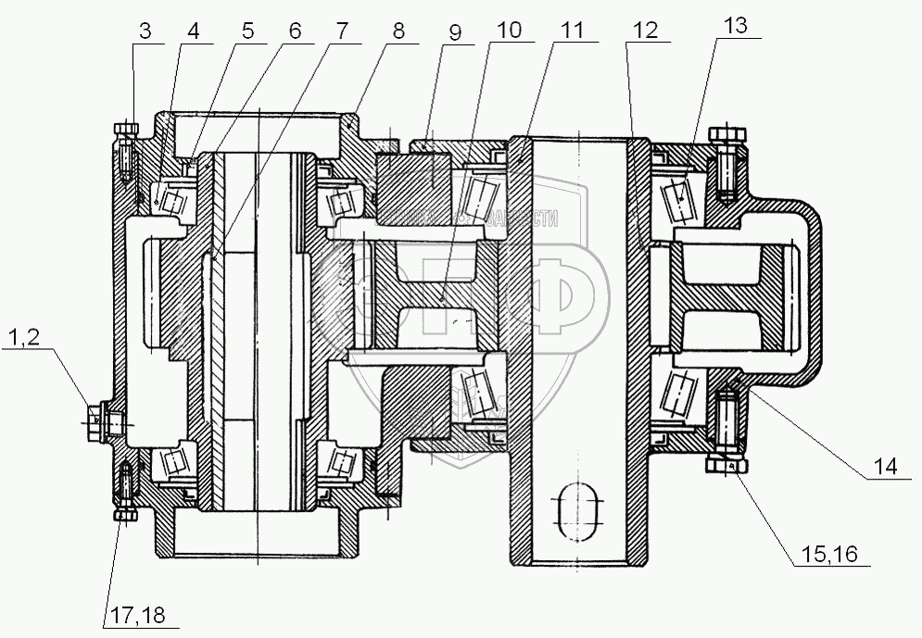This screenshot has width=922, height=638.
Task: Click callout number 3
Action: point(144,30)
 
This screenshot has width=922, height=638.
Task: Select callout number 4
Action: point(193,30)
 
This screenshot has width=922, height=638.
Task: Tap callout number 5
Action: point(246,30)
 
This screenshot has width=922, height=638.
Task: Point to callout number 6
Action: point(295,30)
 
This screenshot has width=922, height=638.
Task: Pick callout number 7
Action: point(342,30)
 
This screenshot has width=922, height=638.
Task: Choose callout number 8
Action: point(398,30)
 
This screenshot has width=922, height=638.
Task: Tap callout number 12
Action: point(646,30)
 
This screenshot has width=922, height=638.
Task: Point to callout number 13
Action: point(735,26)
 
